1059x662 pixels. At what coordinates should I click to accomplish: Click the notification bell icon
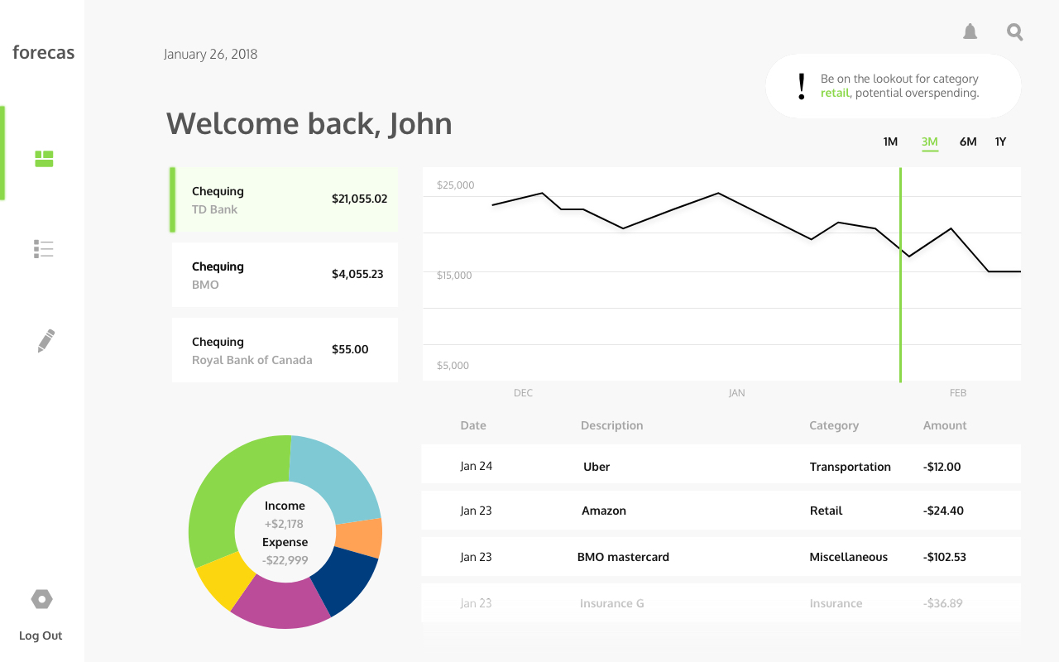970,32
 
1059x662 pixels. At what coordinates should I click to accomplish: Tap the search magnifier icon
1015,32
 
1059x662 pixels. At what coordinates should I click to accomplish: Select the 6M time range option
968,142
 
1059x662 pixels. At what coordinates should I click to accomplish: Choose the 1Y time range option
1000,142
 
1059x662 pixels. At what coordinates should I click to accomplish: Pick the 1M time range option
890,142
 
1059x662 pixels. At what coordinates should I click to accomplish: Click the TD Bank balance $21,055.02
359,199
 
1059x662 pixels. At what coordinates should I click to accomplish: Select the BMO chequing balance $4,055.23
357,274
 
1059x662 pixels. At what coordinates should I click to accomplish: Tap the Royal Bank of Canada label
252,360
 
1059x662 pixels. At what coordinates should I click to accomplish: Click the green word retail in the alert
835,94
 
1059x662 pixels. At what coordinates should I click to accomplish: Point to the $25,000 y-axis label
456,185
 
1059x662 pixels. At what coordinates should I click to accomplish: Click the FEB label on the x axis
958,393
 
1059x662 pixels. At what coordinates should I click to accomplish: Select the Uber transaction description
597,467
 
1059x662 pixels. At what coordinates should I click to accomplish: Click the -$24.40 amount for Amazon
943,511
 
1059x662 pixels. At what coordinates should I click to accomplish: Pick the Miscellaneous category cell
848,557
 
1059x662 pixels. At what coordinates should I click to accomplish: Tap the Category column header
834,425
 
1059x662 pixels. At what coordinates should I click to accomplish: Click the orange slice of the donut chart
360,539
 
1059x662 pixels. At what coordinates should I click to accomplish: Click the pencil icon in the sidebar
46,341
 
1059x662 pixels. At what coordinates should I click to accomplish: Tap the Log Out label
41,636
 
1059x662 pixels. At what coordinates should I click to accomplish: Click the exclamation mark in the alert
801,87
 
